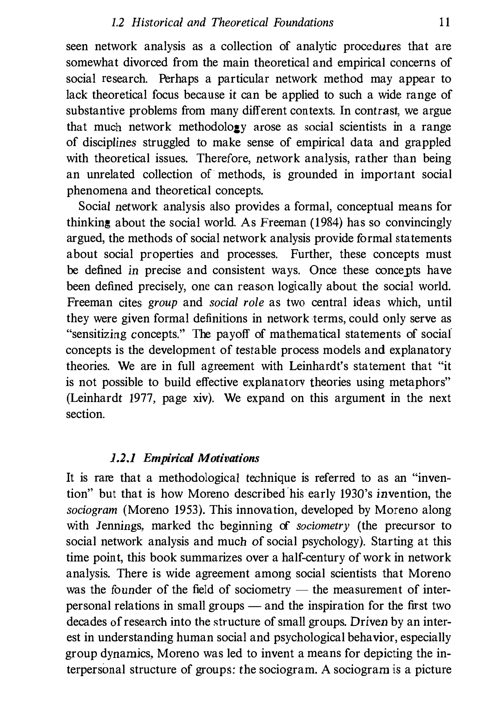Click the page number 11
coord(444,23)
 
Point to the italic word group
coord(163,303)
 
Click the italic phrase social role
coord(237,303)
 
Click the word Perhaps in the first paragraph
coord(178,79)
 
